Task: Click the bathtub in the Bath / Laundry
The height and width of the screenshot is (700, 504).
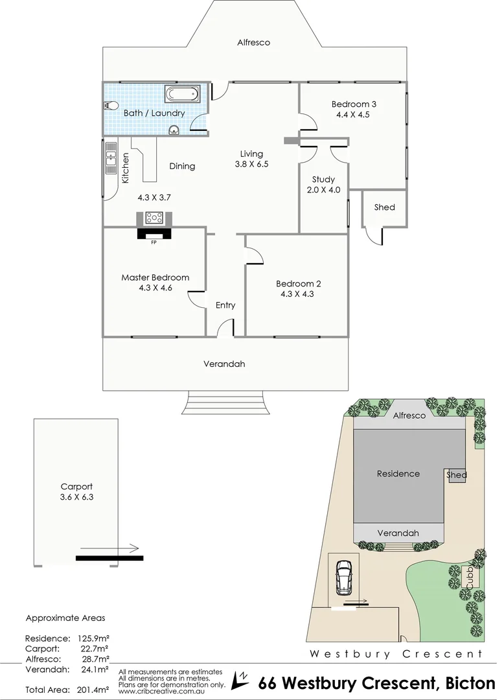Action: click(184, 95)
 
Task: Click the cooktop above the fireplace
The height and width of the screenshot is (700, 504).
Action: click(154, 218)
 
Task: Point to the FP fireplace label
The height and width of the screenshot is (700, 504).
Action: click(154, 243)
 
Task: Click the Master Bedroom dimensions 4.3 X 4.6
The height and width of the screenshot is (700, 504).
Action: click(155, 289)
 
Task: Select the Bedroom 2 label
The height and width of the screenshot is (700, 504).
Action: click(298, 283)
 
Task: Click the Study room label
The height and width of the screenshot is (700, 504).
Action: click(323, 180)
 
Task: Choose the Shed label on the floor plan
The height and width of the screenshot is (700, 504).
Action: click(384, 207)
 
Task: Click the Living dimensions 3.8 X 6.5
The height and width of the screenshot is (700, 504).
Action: click(251, 165)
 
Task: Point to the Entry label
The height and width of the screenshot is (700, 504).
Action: click(225, 305)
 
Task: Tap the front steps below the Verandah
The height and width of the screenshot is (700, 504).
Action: click(225, 404)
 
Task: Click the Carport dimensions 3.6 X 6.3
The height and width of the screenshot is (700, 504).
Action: click(76, 497)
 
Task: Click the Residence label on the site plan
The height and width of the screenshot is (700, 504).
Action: click(398, 474)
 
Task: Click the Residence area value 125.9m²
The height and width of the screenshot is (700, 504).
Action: click(91, 638)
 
